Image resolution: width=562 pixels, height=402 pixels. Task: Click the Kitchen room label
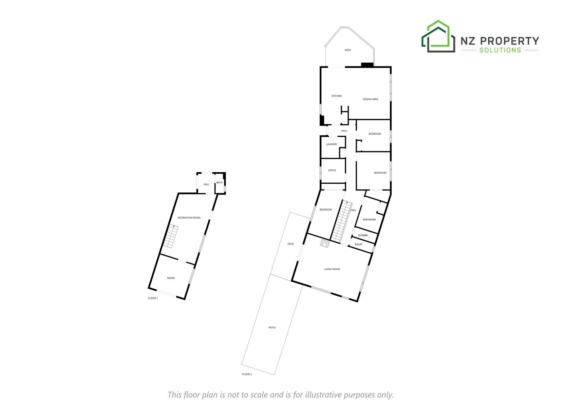[336, 96]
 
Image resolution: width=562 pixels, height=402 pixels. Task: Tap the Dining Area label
[370, 99]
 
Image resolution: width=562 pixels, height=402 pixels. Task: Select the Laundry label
[331, 144]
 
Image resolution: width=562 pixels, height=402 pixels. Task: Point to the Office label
[332, 170]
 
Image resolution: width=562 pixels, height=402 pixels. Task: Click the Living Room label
[332, 269]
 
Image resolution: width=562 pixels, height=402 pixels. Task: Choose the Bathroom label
[369, 219]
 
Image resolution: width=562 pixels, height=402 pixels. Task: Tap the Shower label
[363, 235]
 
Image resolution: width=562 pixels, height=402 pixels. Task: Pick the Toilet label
[358, 244]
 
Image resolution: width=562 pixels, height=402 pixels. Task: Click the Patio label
[272, 327]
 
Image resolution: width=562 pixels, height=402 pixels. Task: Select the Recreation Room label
[189, 218]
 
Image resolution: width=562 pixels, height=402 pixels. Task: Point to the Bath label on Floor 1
[219, 183]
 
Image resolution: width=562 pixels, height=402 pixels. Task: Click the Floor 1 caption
[153, 298]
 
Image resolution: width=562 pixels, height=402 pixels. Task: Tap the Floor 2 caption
[247, 374]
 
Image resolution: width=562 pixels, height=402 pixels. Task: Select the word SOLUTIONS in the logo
[500, 50]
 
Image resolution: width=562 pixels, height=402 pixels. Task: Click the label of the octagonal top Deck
[348, 50]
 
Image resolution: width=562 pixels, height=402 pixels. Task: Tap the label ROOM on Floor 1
[171, 278]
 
